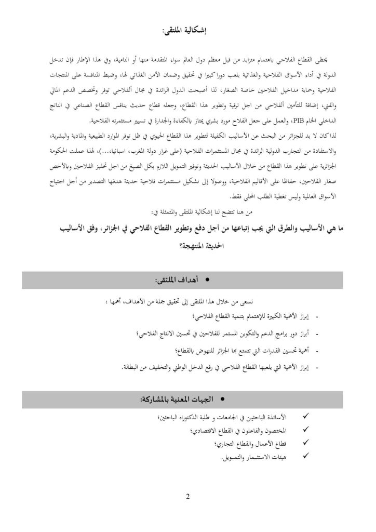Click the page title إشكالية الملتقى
[187, 32]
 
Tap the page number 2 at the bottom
[187, 496]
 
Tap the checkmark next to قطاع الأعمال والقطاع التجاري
[305, 443]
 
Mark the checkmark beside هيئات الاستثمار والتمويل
[305, 456]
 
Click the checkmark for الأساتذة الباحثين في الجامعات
[305, 417]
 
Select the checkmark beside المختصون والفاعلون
[305, 430]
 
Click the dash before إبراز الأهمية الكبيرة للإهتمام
[317, 316]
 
